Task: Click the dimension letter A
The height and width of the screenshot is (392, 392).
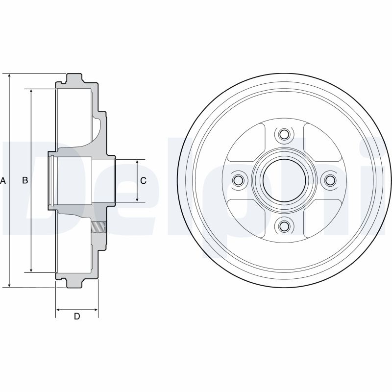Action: (3, 180)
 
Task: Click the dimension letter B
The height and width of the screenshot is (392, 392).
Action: (25, 180)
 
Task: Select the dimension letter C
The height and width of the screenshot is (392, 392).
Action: (143, 180)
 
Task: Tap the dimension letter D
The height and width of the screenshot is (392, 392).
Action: (77, 316)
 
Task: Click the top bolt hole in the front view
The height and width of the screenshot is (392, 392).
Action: (284, 134)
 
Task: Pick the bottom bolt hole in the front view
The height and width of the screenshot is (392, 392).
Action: (284, 226)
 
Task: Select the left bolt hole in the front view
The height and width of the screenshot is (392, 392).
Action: (238, 180)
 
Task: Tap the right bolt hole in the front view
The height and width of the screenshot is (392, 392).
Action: (330, 180)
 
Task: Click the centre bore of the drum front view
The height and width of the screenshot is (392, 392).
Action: (284, 180)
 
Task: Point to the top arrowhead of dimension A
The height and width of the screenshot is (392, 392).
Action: (9, 76)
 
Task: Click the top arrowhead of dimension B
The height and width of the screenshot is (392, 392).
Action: (31, 92)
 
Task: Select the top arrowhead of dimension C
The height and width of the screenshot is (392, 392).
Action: (137, 162)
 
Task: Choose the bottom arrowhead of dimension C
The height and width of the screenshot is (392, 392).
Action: (137, 199)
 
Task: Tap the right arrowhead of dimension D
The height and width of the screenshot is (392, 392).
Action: (95, 310)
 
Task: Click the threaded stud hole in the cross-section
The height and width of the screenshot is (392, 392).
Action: (99, 227)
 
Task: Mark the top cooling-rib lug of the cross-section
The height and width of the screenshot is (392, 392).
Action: (74, 78)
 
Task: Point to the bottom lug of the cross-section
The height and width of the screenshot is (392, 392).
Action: (74, 283)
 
